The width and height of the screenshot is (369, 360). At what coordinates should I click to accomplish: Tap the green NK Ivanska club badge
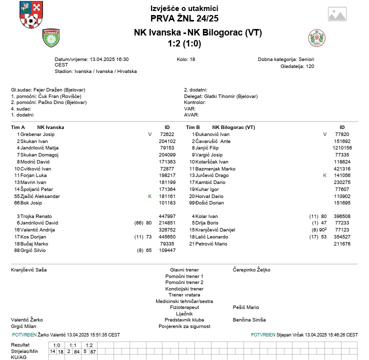click(51, 38)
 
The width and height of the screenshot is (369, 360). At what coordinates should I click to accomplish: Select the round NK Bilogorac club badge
click(316, 38)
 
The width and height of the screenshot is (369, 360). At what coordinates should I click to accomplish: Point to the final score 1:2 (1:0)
click(184, 43)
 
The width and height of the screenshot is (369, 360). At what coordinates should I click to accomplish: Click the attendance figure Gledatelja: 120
click(297, 66)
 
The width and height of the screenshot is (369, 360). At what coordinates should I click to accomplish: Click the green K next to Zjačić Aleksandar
click(149, 196)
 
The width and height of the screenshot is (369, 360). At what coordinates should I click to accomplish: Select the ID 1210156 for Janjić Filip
click(342, 148)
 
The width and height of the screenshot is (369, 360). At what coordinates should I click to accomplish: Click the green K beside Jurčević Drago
click(324, 175)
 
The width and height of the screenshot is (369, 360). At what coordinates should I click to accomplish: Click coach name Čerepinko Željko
click(251, 269)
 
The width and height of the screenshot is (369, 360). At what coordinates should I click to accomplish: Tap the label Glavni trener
click(184, 269)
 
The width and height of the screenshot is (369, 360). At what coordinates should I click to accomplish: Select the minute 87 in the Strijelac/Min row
click(93, 351)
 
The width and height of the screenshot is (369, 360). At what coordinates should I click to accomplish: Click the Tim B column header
click(193, 127)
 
